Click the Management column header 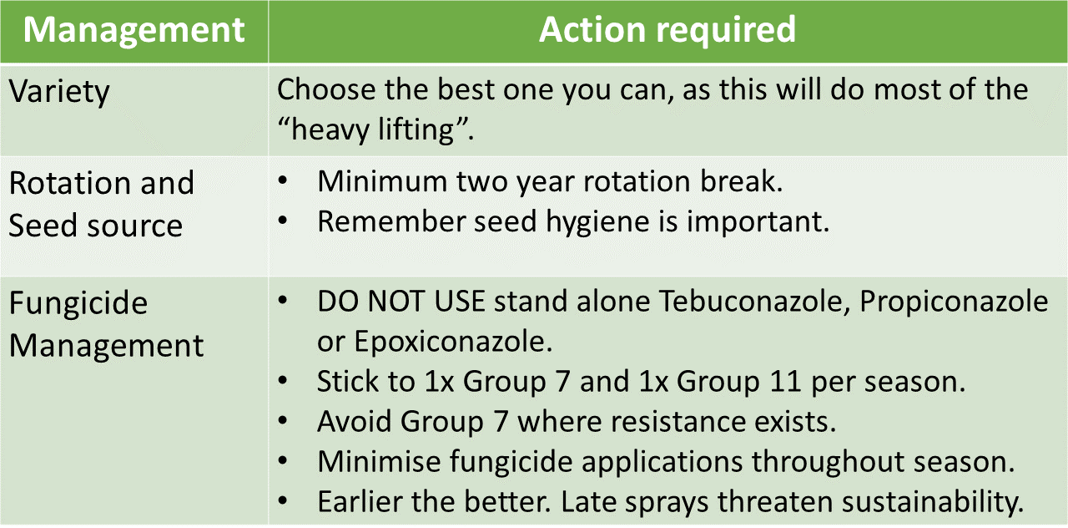[x=134, y=29]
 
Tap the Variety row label [x=59, y=92]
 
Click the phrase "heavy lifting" [x=373, y=129]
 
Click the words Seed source [x=95, y=226]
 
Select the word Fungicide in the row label [x=78, y=303]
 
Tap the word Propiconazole [x=954, y=302]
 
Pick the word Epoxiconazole [x=453, y=342]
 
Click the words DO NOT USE [x=401, y=302]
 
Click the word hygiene [x=597, y=222]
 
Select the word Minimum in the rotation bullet [x=382, y=182]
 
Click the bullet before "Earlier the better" [x=283, y=500]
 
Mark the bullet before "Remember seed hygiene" [x=283, y=221]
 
